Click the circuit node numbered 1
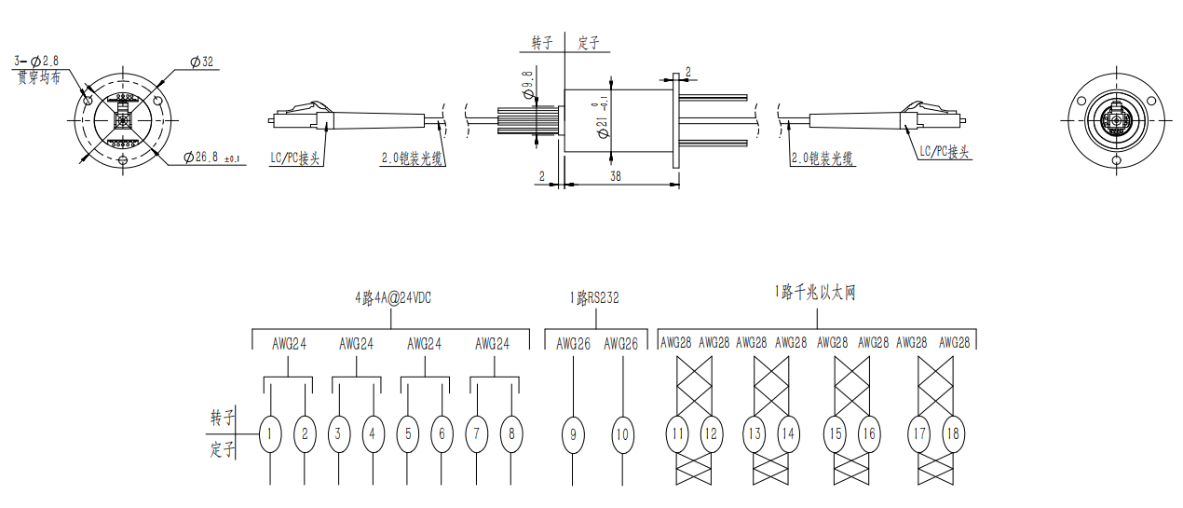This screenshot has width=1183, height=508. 270,433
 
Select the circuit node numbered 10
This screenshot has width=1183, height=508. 622,434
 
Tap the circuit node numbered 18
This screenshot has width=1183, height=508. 952,433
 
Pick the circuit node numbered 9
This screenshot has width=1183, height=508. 573,434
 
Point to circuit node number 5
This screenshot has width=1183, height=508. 407,433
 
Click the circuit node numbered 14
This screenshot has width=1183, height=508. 789,433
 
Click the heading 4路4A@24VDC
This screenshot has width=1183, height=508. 392,298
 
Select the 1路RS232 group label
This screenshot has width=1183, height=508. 594,298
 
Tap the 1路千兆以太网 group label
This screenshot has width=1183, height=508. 814,293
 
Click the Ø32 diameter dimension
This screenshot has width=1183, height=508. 201,62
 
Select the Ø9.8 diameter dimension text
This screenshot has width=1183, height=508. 527,85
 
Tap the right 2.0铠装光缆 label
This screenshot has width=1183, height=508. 823,159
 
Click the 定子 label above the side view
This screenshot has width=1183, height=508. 588,43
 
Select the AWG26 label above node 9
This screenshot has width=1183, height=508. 573,343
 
